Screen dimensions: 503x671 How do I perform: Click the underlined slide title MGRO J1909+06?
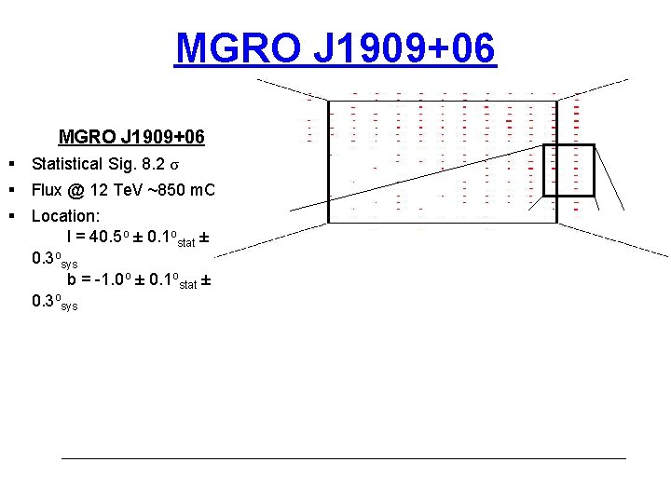335,48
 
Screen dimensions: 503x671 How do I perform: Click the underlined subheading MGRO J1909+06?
131,138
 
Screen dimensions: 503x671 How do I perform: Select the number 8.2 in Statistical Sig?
153,164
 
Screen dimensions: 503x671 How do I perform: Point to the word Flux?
47,190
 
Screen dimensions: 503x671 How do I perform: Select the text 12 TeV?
117,190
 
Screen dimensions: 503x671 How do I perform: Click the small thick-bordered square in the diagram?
568,170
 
